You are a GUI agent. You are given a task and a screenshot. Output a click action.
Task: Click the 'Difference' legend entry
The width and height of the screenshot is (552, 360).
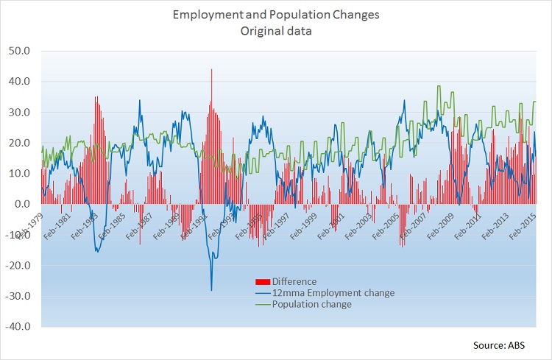(294, 281)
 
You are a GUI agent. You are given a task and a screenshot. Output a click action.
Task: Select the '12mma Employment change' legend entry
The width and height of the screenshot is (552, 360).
(333, 293)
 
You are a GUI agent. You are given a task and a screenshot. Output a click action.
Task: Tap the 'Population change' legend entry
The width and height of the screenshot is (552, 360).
(311, 304)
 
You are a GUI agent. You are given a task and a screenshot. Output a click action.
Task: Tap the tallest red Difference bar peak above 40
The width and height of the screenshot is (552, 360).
(211, 71)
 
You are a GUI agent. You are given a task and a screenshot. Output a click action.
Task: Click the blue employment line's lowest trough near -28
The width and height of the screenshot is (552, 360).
(211, 289)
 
